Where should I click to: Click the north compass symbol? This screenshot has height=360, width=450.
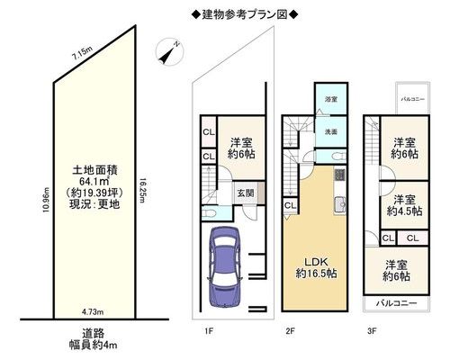click(169, 51)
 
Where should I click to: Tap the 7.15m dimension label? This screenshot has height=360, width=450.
click(82, 54)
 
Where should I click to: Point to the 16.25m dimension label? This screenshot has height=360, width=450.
click(142, 191)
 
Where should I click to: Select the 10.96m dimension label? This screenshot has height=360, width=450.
click(46, 200)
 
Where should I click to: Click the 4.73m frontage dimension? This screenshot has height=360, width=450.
click(93, 312)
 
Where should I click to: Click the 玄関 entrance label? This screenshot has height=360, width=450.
click(246, 193)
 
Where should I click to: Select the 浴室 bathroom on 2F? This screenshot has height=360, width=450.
click(331, 99)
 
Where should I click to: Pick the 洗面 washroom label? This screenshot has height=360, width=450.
click(331, 131)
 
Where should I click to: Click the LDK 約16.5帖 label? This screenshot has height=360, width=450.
click(316, 267)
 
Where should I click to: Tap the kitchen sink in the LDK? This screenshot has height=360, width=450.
click(340, 204)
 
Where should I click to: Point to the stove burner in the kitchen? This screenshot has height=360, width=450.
click(340, 175)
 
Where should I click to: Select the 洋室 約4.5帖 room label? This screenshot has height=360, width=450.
click(405, 205)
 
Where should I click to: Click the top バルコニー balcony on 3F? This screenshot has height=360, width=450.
click(413, 98)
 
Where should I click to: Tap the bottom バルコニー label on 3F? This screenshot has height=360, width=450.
click(397, 303)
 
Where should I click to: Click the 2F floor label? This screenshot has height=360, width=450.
click(290, 331)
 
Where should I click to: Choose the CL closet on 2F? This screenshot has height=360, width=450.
click(290, 205)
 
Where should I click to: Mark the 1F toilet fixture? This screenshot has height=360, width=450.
click(209, 213)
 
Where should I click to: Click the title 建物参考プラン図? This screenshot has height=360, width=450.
click(245, 14)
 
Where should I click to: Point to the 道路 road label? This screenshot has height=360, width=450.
click(94, 333)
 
